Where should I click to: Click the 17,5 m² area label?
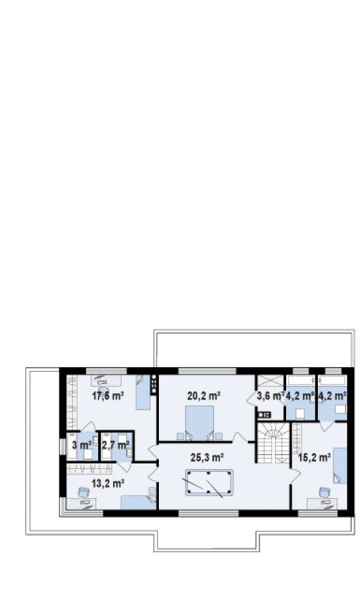click(x=108, y=396)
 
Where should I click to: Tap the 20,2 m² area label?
click(x=204, y=396)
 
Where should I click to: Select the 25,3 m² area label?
click(x=207, y=457)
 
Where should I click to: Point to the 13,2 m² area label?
click(x=108, y=484)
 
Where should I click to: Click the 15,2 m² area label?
click(x=314, y=457)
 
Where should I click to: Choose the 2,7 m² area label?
click(x=115, y=445)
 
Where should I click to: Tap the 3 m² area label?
click(x=82, y=445)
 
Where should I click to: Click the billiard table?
click(x=209, y=483)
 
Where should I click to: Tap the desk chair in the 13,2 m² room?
click(x=83, y=492)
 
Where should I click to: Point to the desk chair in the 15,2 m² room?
click(x=324, y=492)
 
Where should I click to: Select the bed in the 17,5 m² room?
click(x=143, y=392)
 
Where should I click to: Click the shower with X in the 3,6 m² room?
click(x=270, y=381)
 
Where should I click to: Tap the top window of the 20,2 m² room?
click(x=207, y=371)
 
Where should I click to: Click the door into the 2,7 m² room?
click(x=125, y=466)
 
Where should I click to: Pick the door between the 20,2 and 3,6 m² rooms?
click(x=251, y=398)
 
